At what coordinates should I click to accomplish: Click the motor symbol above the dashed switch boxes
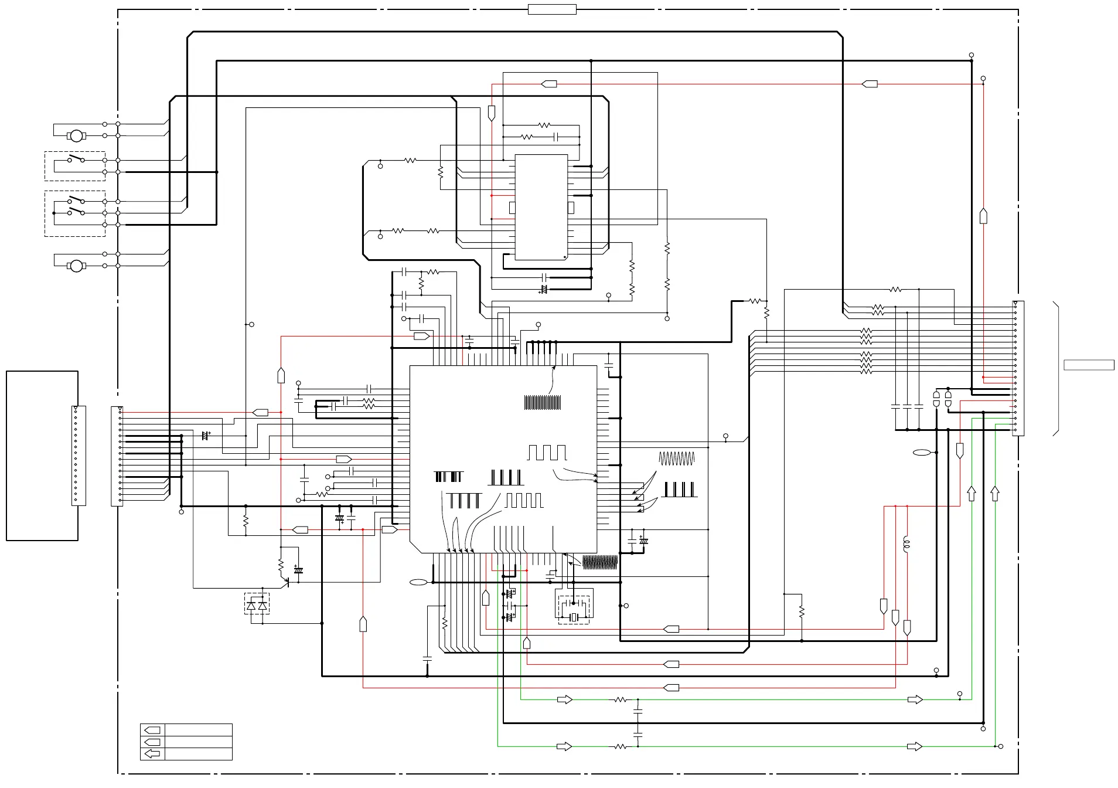point(76,136)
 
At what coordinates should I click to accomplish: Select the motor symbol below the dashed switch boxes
point(76,266)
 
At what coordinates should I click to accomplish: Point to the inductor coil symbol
point(907,544)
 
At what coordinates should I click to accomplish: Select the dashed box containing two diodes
point(257,604)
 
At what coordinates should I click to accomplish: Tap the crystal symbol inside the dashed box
point(574,617)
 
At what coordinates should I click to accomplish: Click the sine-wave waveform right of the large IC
point(677,458)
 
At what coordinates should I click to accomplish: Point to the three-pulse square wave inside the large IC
point(547,453)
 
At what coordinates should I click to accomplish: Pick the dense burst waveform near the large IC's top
point(543,403)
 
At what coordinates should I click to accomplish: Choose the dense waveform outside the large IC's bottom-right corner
point(600,563)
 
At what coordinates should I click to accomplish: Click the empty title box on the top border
point(552,9)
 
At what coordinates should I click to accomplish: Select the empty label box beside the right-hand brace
point(1089,365)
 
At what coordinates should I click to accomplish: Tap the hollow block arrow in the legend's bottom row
point(152,754)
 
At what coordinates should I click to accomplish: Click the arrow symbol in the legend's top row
point(152,731)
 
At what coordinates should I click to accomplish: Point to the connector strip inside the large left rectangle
point(79,456)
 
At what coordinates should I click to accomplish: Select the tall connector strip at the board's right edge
point(1018,368)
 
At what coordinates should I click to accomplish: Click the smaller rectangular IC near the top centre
point(541,207)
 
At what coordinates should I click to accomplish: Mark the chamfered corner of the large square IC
point(415,548)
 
